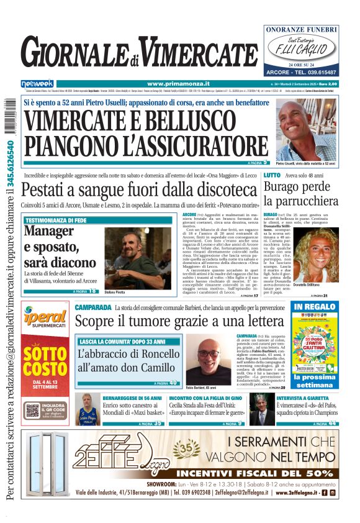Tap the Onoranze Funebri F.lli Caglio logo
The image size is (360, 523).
coord(301,50)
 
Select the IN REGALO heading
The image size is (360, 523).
coord(315,307)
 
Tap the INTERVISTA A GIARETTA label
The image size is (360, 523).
coord(305,397)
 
